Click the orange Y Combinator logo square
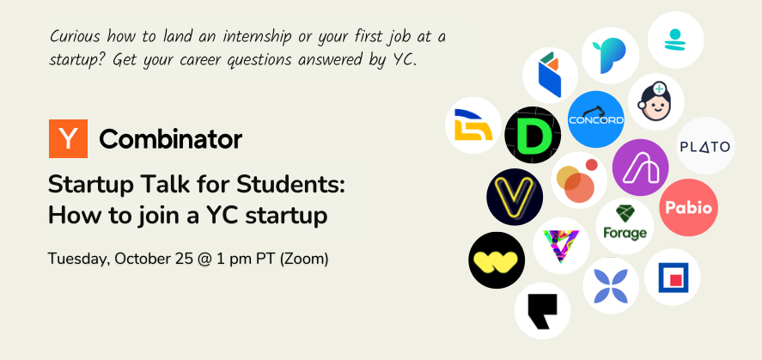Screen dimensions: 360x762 click(x=69, y=138)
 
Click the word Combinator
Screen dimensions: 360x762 click(x=170, y=139)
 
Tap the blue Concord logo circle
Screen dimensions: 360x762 click(x=595, y=119)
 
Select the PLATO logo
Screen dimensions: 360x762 click(x=705, y=146)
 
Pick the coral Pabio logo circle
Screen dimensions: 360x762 click(x=687, y=208)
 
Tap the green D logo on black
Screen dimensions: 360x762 click(x=533, y=136)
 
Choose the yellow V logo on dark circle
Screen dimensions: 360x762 click(x=515, y=197)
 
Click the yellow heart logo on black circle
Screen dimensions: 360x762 click(x=497, y=259)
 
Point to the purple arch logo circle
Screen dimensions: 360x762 click(x=641, y=167)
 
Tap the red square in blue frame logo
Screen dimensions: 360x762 click(x=672, y=277)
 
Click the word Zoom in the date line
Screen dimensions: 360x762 click(x=307, y=258)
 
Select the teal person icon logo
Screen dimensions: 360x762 click(x=675, y=40)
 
